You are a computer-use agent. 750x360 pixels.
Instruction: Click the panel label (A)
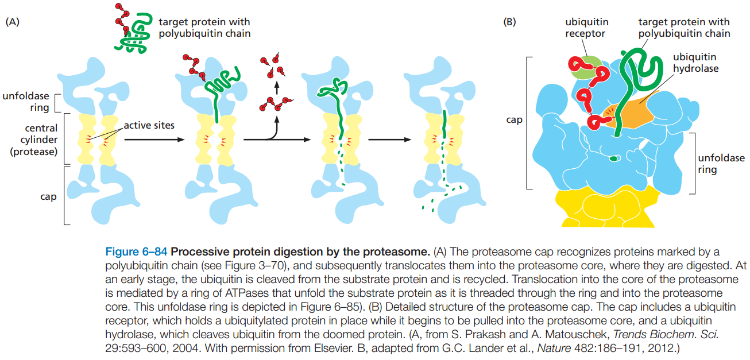[13, 23]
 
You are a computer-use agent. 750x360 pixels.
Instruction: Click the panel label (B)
[509, 23]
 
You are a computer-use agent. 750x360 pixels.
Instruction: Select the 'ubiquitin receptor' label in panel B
[586, 28]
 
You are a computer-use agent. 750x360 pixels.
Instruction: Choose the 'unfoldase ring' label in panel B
[720, 164]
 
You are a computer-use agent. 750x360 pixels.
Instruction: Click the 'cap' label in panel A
[48, 196]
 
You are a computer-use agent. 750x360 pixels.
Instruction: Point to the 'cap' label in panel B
[514, 121]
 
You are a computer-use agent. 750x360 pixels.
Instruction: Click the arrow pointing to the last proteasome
[390, 140]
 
